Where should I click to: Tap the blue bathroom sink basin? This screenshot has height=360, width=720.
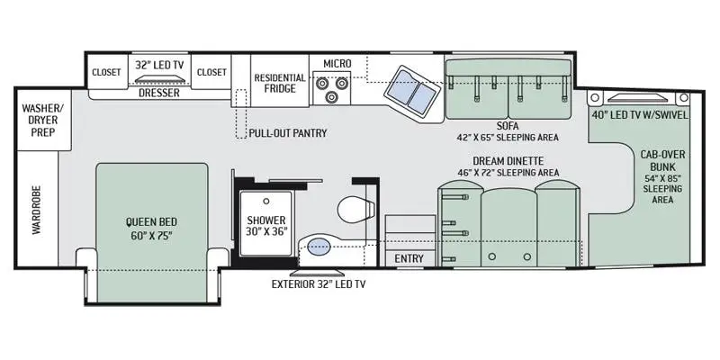(319, 247)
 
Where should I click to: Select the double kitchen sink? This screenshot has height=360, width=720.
(411, 91)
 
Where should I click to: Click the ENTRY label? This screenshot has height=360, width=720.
(409, 258)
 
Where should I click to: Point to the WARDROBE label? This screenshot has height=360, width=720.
(37, 210)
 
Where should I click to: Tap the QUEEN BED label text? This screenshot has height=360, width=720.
(151, 222)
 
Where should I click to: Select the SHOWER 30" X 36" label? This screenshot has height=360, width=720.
(265, 226)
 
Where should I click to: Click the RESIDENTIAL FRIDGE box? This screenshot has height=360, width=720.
(280, 81)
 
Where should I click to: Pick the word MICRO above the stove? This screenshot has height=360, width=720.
(337, 64)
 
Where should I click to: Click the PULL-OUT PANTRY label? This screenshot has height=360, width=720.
(288, 133)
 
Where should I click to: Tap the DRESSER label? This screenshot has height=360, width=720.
(159, 94)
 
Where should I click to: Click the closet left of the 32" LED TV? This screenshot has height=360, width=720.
(106, 72)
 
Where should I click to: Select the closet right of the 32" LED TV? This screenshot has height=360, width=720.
(211, 72)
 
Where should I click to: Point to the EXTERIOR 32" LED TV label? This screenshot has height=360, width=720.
(319, 284)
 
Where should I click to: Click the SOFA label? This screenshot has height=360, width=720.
(507, 126)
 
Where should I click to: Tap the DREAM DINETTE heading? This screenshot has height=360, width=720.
(508, 161)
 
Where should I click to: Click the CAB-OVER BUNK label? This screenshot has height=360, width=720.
(662, 160)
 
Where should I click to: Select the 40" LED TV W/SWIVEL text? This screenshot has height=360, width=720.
(640, 115)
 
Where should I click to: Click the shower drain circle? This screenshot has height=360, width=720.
(265, 201)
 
